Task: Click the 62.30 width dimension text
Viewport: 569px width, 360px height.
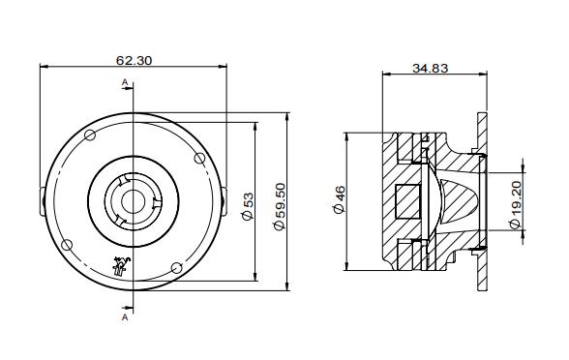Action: pyautogui.click(x=134, y=60)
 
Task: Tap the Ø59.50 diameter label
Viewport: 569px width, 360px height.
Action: pyautogui.click(x=280, y=206)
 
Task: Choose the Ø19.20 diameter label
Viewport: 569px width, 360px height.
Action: pyautogui.click(x=516, y=205)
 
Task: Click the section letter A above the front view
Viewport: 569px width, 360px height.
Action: pyautogui.click(x=125, y=85)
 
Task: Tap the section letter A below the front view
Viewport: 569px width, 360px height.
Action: pyautogui.click(x=125, y=316)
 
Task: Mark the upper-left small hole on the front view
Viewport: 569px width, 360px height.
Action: pyautogui.click(x=90, y=135)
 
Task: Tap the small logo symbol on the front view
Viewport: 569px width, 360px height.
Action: pyautogui.click(x=120, y=265)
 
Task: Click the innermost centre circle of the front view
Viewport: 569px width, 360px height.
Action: pyautogui.click(x=132, y=200)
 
